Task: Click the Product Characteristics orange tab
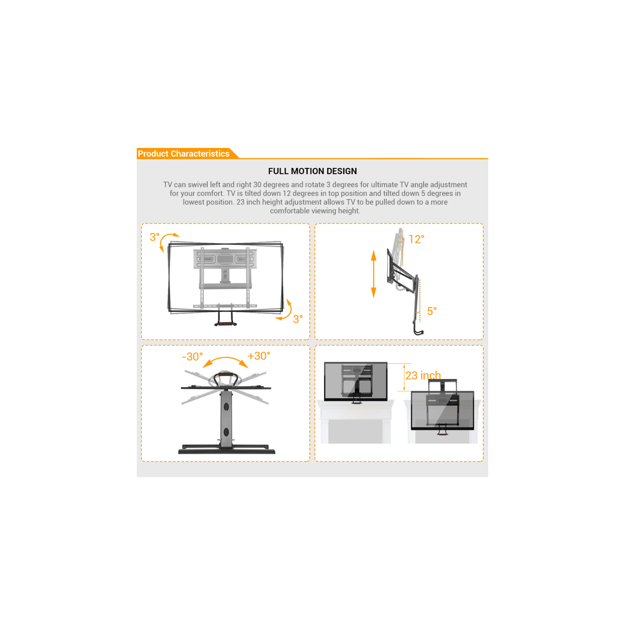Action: pyautogui.click(x=183, y=154)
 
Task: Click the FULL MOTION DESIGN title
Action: pyautogui.click(x=312, y=171)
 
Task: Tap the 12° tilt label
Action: pyautogui.click(x=416, y=240)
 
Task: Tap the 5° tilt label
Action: pyautogui.click(x=432, y=311)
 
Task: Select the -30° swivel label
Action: pyautogui.click(x=192, y=357)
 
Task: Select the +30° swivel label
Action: pyautogui.click(x=259, y=356)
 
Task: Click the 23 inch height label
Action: pyautogui.click(x=423, y=375)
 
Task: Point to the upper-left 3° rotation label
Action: pyautogui.click(x=154, y=237)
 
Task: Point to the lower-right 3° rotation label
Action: pyautogui.click(x=298, y=319)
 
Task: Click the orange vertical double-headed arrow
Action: pyautogui.click(x=374, y=274)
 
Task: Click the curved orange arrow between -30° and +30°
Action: pyautogui.click(x=225, y=361)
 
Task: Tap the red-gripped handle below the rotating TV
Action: pyautogui.click(x=226, y=323)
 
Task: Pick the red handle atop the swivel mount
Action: pyautogui.click(x=226, y=374)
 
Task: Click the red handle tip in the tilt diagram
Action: pyautogui.click(x=422, y=332)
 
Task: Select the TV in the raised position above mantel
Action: pyautogui.click(x=356, y=381)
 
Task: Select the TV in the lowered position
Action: pyautogui.click(x=442, y=410)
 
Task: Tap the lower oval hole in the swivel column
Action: pyautogui.click(x=226, y=432)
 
